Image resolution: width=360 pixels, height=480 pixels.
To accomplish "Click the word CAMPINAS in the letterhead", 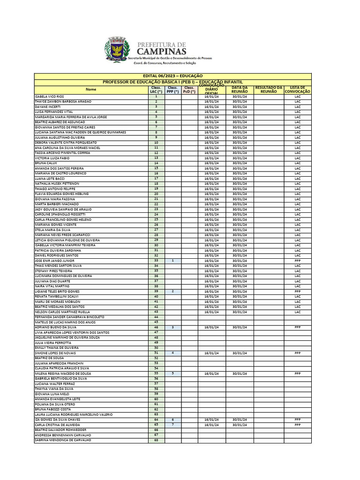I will [162, 51].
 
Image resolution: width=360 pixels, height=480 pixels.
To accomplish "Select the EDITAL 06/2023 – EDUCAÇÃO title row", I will [172, 75].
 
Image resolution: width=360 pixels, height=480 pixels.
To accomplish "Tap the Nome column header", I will [91, 89].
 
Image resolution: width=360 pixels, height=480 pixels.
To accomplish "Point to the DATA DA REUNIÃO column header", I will [240, 89].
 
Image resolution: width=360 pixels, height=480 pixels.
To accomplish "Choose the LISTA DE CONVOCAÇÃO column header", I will [297, 89].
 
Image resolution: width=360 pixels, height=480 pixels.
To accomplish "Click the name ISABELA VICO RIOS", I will [50, 97].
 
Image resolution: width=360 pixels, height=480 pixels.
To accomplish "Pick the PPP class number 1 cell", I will [173, 260].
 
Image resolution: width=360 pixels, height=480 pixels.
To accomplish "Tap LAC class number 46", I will [156, 327].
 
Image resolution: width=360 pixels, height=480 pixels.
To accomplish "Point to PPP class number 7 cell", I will [173, 425].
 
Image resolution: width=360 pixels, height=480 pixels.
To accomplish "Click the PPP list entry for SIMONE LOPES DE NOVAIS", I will [297, 353].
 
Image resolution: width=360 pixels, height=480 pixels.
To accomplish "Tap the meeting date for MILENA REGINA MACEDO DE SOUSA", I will [240, 374].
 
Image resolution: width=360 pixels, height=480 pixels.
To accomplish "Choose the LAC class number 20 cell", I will [156, 194].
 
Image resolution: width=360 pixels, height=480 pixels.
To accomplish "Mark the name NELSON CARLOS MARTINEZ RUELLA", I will [62, 312].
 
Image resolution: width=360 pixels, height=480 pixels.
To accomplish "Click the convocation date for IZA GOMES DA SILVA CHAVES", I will [211, 420].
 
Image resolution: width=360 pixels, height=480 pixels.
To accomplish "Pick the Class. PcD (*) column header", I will [189, 89].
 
